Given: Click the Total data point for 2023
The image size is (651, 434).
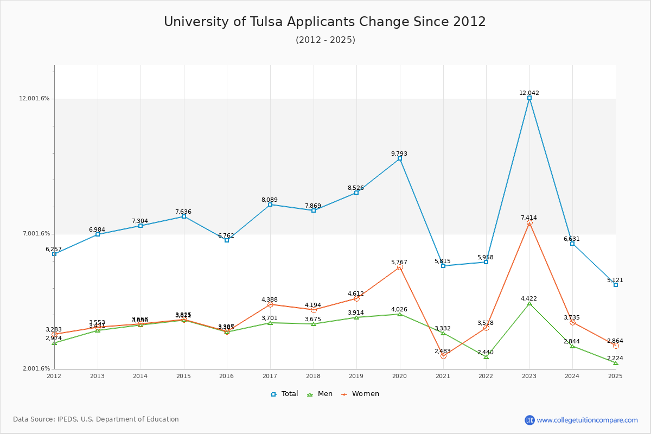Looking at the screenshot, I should pos(529,98).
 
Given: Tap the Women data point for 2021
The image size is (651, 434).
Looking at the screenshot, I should pos(443,356).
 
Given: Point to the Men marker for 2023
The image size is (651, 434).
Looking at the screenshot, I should pos(529,304).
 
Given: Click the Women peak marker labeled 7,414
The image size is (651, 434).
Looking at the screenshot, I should pos(529,223).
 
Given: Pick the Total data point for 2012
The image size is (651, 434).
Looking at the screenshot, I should pos(54,254).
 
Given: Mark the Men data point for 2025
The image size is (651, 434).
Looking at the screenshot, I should pos(616,363).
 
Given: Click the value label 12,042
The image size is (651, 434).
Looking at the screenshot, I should pos(529,93).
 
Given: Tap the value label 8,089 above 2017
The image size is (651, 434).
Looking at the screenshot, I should pos(270,200).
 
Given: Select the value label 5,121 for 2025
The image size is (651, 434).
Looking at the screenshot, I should pos(615,280).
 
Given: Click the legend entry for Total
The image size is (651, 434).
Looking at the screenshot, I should pos(285,394).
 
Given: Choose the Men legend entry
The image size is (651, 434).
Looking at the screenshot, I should pos(320,394).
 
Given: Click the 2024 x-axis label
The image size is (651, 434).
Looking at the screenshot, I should pos(572,376).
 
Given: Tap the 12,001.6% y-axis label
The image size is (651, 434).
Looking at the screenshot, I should pos(34,99).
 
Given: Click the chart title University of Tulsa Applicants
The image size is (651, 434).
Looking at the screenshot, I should pos(325,22).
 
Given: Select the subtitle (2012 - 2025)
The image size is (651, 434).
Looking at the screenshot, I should pos(325,40).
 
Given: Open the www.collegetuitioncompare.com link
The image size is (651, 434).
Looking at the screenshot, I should pos(587,420).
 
